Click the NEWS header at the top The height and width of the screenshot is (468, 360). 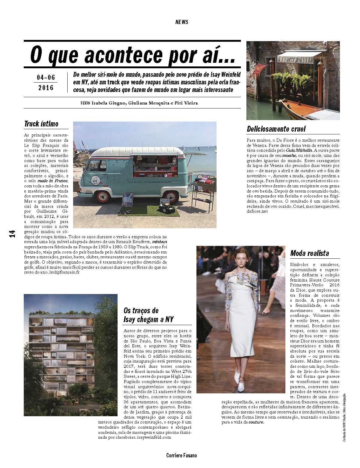point(182,22)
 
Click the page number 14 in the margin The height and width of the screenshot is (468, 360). point(12,234)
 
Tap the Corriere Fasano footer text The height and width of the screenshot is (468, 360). point(182,456)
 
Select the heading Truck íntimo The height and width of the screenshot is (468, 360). point(41,124)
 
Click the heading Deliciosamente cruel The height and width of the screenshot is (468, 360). point(276,129)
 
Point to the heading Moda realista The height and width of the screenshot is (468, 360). point(309,253)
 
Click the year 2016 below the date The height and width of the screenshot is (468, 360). point(46,88)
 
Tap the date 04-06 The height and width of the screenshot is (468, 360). point(46,77)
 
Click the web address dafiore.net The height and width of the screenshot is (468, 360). point(257,211)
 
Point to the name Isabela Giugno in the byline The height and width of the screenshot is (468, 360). point(109,103)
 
